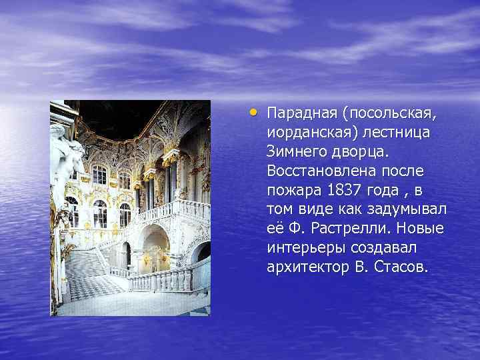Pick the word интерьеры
(303, 248)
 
